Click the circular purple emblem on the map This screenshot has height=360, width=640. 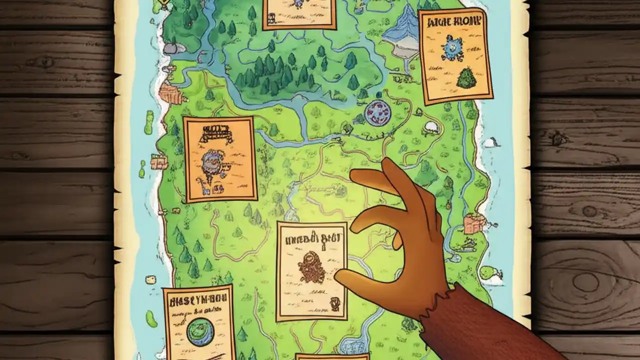377,112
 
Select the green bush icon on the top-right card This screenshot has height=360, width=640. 466,78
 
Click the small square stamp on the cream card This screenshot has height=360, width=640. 333,302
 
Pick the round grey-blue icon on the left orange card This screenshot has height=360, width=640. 214,161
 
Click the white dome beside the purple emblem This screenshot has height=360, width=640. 431,127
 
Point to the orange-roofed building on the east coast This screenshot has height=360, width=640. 473,223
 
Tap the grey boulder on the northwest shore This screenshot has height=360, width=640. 170,48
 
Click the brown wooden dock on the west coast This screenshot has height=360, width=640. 170,93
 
